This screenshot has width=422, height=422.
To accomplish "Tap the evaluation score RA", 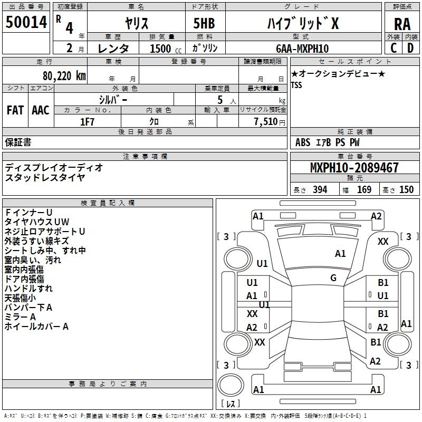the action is [402, 24].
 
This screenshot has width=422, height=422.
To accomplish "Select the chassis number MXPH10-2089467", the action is [354, 168].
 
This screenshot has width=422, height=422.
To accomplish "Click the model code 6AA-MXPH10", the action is [302, 49].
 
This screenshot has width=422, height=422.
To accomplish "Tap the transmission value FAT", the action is [15, 110].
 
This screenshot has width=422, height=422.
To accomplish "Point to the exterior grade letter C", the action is [394, 48].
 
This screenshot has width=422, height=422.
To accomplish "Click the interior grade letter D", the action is [410, 48].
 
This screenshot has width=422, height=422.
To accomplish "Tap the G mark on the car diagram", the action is [333, 278].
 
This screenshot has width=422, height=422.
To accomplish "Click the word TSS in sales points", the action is [297, 85].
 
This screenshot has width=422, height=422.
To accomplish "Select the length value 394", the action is [320, 190].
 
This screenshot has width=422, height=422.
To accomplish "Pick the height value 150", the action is [406, 190].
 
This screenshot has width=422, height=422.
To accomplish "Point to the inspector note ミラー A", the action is [20, 316].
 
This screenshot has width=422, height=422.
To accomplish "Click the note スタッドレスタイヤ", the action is [45, 177].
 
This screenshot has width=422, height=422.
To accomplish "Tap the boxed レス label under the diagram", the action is [230, 404].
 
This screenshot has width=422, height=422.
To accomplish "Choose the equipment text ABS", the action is [303, 142].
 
